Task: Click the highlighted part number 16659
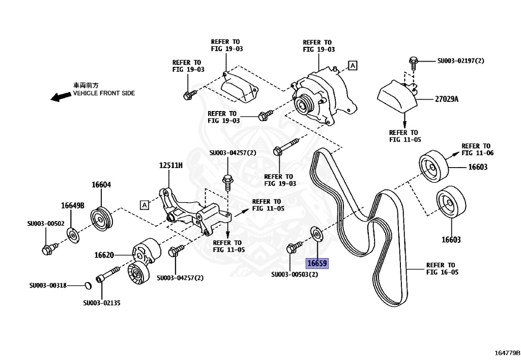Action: [316, 264]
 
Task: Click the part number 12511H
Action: [171, 166]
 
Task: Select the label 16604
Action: [101, 185]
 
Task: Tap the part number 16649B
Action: [72, 205]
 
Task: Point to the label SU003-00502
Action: [46, 223]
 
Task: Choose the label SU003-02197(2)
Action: [461, 61]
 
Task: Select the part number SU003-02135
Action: [102, 303]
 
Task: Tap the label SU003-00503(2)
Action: [295, 275]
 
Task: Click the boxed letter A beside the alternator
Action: [353, 65]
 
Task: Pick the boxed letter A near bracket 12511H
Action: [144, 205]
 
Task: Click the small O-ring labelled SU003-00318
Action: [87, 285]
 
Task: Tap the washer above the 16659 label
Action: [317, 234]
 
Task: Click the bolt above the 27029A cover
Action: [413, 62]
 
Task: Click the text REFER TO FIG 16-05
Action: [442, 268]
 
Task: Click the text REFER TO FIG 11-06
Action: [477, 149]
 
